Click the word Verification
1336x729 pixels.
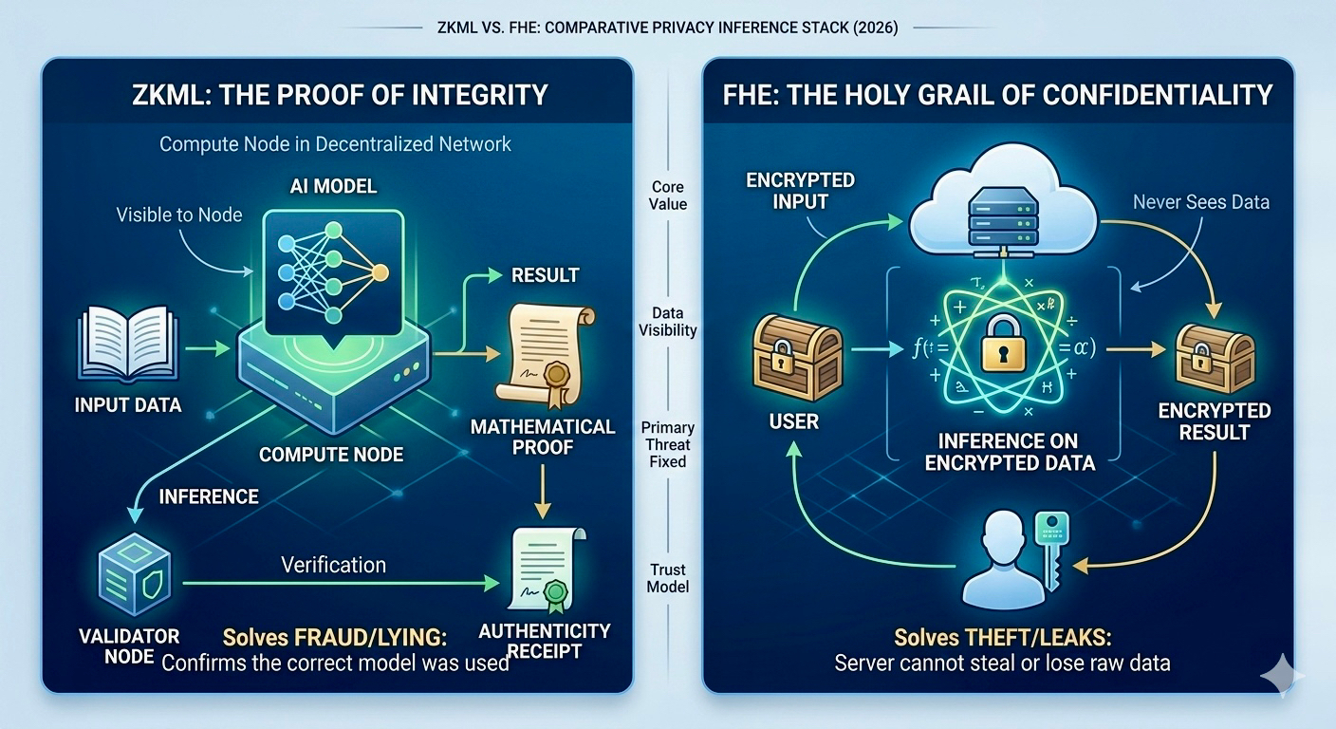[x=333, y=565]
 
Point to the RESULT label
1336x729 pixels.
[x=545, y=275]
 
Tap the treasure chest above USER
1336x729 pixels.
[x=796, y=358]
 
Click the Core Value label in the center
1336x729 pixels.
[x=669, y=196]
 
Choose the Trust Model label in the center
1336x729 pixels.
[x=668, y=578]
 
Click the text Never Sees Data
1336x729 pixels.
[x=1201, y=201]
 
